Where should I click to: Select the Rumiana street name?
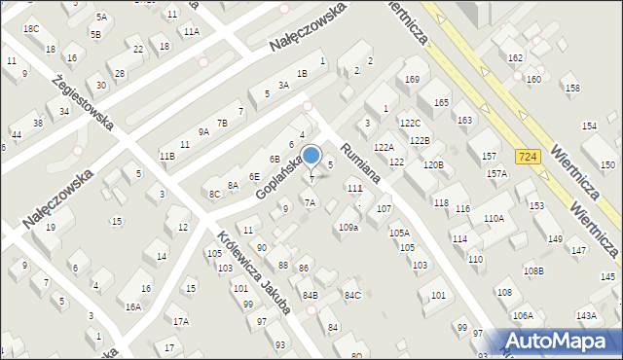[x=357, y=160]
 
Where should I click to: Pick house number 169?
[x=412, y=79]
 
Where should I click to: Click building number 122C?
[x=410, y=124]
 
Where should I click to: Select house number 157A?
[x=496, y=173]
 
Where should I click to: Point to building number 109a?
[x=348, y=227]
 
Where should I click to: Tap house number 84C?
[x=352, y=295]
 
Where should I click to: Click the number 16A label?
[x=132, y=306]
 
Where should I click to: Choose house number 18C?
[x=31, y=29]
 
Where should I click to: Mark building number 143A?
[x=586, y=315]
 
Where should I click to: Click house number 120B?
[x=432, y=165]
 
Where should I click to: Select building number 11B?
[x=167, y=156]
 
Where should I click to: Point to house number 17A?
[x=180, y=321]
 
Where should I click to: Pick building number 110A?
[x=494, y=219]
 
